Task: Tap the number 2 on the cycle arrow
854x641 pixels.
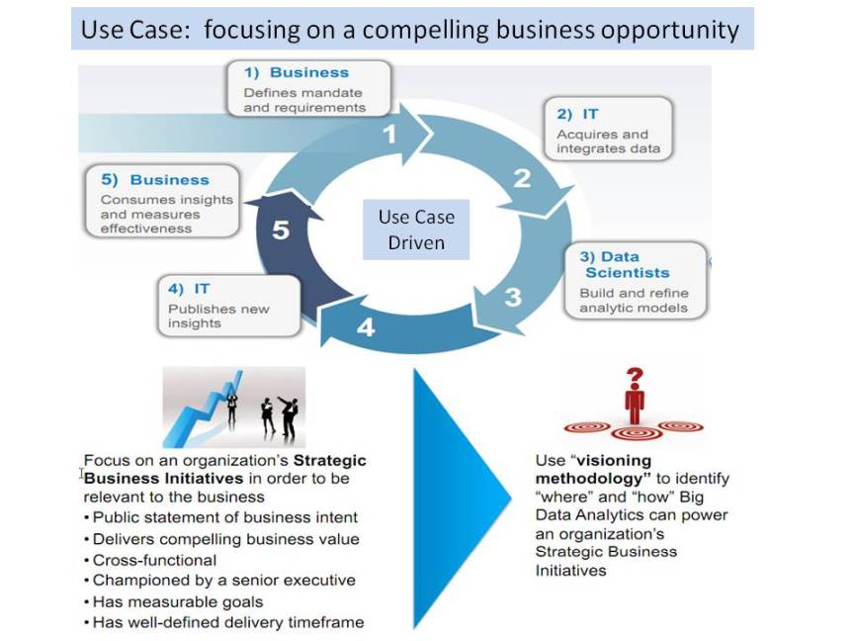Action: pyautogui.click(x=522, y=178)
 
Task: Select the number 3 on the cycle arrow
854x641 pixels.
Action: pyautogui.click(x=513, y=296)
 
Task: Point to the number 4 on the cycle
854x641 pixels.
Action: pyautogui.click(x=366, y=327)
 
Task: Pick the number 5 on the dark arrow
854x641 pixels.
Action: pyautogui.click(x=281, y=230)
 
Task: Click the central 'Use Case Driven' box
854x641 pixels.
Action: pyautogui.click(x=416, y=229)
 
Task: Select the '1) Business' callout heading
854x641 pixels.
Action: pyautogui.click(x=297, y=72)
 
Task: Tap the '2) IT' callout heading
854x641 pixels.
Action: pyautogui.click(x=577, y=114)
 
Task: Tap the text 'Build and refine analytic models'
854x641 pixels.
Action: pyautogui.click(x=634, y=301)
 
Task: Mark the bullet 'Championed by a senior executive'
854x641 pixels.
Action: pyautogui.click(x=223, y=581)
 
